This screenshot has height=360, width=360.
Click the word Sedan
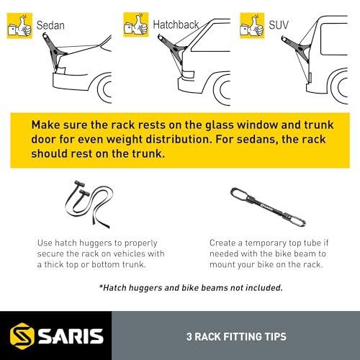(x=50, y=24)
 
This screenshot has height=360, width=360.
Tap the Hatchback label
(x=175, y=24)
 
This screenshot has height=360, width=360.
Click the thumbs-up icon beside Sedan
(x=18, y=24)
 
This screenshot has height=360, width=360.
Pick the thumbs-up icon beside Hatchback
(x=136, y=24)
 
